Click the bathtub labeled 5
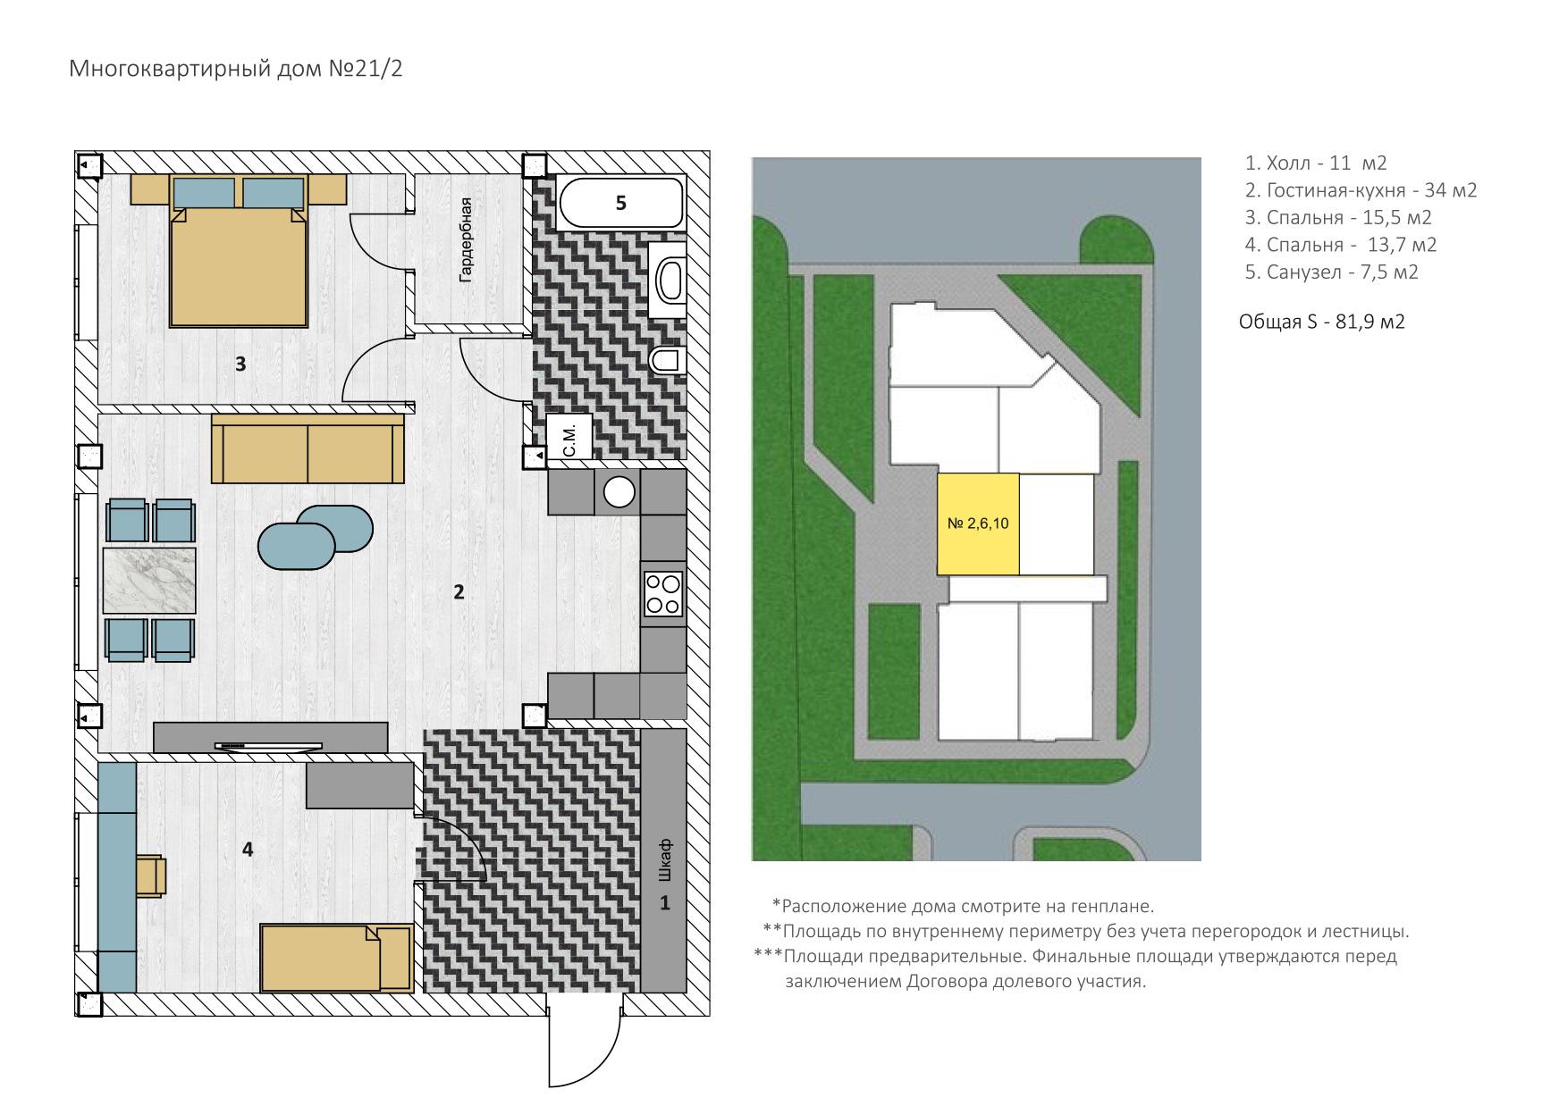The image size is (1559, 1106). tap(620, 203)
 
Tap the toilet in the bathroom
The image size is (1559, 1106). tap(665, 361)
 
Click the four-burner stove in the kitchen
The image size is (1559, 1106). tap(663, 593)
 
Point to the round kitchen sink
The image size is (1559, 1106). tap(619, 492)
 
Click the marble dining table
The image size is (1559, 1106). tap(149, 581)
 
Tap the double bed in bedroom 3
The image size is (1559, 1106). tap(239, 250)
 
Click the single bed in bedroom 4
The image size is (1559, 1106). tap(336, 958)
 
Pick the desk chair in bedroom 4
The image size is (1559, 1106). tap(151, 875)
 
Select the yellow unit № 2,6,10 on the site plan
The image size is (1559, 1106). tap(978, 524)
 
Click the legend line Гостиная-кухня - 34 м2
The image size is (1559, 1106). tap(1361, 190)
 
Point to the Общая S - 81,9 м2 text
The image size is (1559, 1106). tap(1322, 322)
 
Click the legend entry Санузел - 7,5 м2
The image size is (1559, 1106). tap(1332, 272)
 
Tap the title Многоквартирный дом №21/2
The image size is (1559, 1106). tap(236, 69)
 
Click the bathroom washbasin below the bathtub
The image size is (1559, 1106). tap(668, 279)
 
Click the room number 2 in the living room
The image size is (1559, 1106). tap(459, 591)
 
